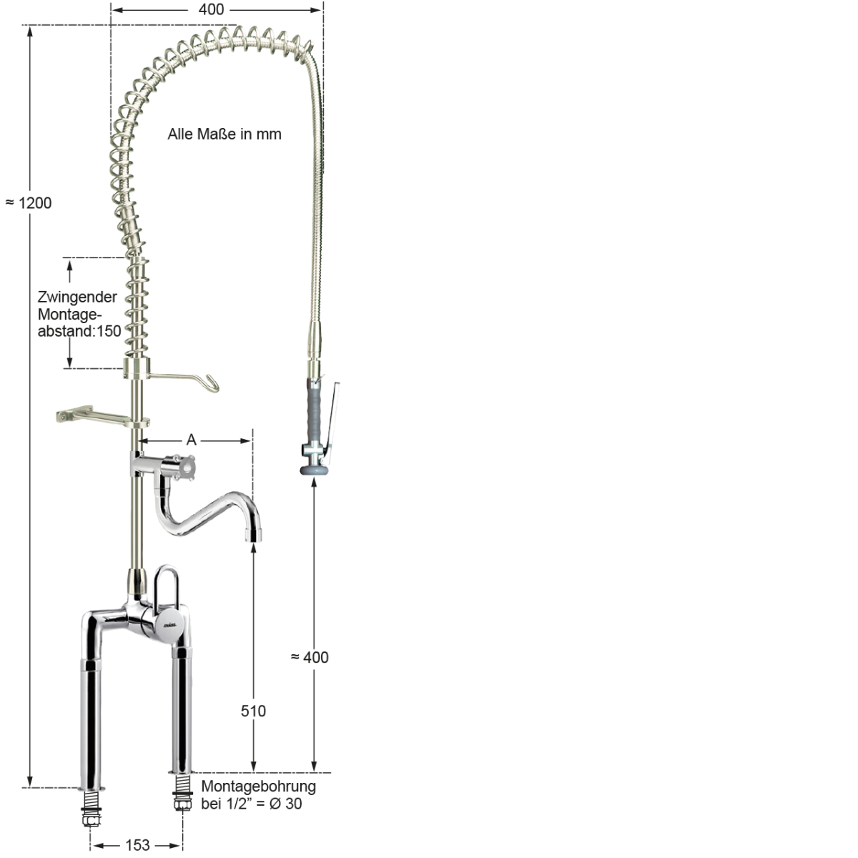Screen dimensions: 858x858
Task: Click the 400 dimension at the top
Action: [211, 9]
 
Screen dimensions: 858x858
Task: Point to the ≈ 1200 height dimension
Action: [29, 203]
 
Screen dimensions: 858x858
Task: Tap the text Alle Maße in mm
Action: [225, 134]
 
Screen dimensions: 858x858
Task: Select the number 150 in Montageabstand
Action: [109, 331]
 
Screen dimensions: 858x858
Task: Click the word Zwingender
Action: [77, 297]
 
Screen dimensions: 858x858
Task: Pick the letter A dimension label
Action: [192, 440]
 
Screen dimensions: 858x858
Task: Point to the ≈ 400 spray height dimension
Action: [310, 657]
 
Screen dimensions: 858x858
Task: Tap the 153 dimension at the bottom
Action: [137, 845]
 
